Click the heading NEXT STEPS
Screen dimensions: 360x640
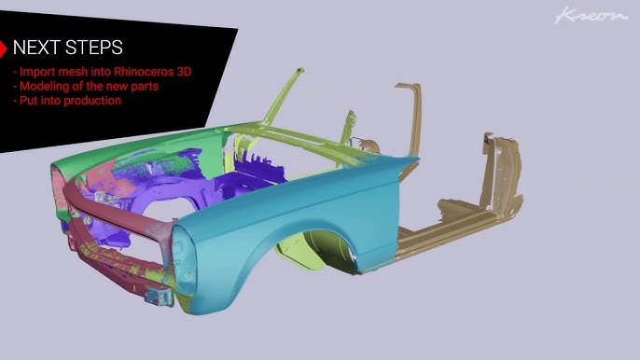click(x=67, y=48)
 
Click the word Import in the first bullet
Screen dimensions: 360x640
click(x=35, y=72)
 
